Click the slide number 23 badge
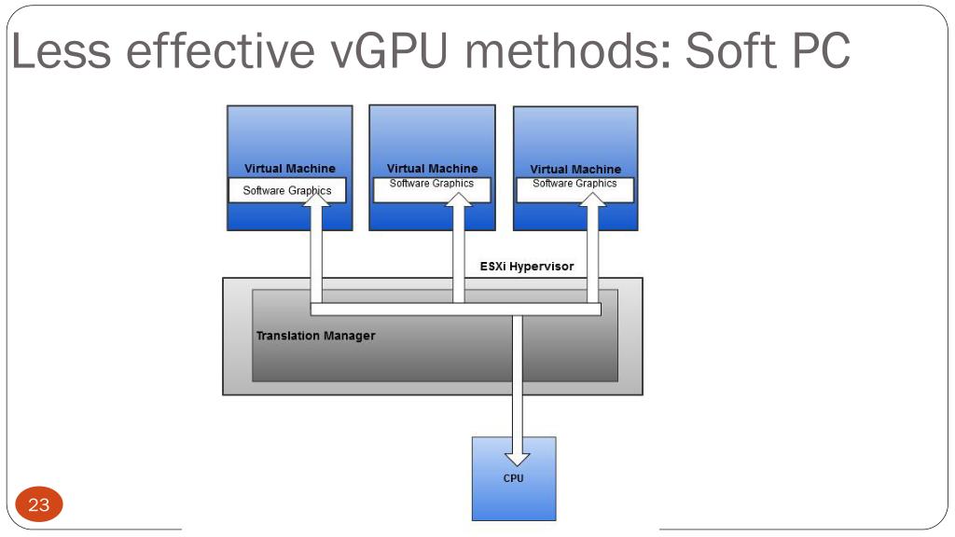(39, 504)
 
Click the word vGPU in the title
(390, 50)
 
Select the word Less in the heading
(61, 50)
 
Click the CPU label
(514, 478)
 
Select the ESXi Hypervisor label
(527, 266)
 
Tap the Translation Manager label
(315, 336)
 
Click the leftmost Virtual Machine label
(290, 168)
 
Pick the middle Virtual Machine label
(433, 168)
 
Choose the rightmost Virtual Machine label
(575, 169)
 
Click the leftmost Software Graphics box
(287, 190)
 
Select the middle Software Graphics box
(432, 189)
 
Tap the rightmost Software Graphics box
(574, 189)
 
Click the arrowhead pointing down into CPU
(517, 459)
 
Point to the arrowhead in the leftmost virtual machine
(316, 199)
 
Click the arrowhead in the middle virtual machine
(459, 200)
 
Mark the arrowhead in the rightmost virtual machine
(592, 200)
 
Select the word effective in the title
(221, 50)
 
